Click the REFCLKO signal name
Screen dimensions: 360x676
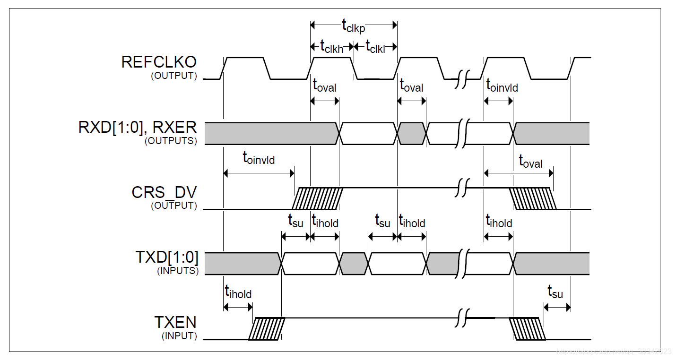point(159,62)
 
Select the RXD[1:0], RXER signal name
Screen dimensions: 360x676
point(138,128)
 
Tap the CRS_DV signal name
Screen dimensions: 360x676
point(164,193)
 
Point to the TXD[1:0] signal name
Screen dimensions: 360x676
point(167,258)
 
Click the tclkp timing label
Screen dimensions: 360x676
point(354,26)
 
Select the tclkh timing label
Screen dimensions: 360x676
point(331,46)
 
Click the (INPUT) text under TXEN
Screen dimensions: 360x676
point(179,336)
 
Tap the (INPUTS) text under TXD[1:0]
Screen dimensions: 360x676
point(177,271)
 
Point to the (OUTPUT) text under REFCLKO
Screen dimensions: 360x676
point(173,76)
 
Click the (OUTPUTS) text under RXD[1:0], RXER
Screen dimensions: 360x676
point(171,141)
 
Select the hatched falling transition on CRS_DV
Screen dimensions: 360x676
point(532,198)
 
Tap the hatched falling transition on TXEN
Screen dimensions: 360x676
point(527,329)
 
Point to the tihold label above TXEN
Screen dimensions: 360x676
point(238,293)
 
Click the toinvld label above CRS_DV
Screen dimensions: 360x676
point(259,158)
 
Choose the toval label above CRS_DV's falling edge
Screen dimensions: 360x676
point(530,162)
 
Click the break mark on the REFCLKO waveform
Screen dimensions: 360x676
point(462,78)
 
